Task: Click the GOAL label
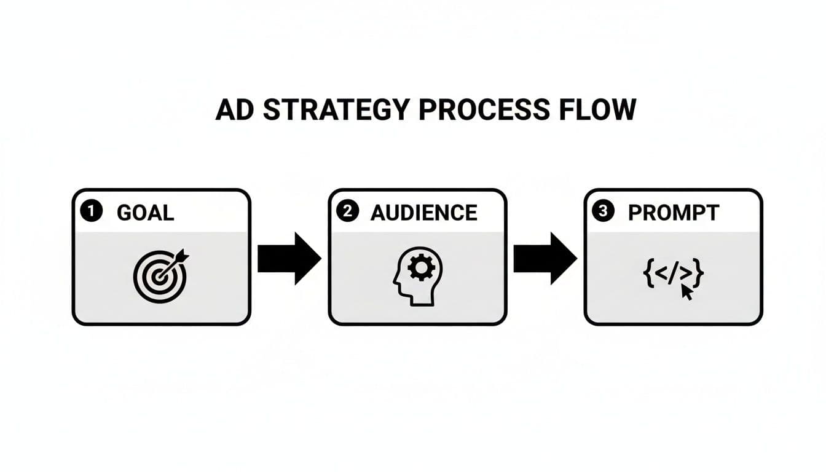tap(145, 213)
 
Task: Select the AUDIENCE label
tap(424, 213)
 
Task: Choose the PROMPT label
tap(673, 213)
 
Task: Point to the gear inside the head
tap(421, 268)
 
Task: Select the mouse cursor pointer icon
tap(686, 292)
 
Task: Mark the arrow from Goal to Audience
tap(288, 258)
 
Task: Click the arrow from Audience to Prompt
tap(545, 258)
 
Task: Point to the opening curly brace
tap(648, 273)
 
